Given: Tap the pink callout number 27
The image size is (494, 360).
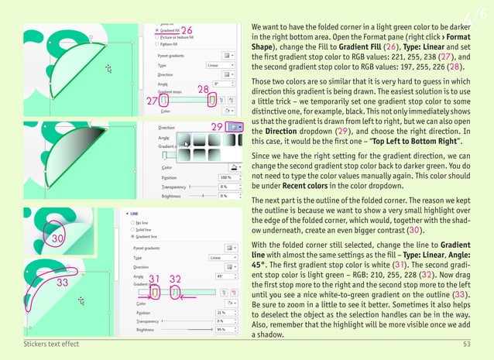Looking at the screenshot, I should (x=153, y=101).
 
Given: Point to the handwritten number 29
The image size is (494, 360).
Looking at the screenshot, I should (x=218, y=125).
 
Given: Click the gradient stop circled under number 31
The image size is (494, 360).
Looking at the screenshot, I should (x=155, y=293).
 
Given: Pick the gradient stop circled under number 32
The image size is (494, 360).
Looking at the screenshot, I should (x=176, y=293).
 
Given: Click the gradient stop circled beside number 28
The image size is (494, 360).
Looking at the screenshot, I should (x=212, y=100).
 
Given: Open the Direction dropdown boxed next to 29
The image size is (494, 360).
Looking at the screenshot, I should (x=235, y=126).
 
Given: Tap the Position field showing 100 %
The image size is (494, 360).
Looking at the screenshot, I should (x=227, y=178).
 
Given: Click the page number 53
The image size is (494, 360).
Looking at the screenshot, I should (x=467, y=343).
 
